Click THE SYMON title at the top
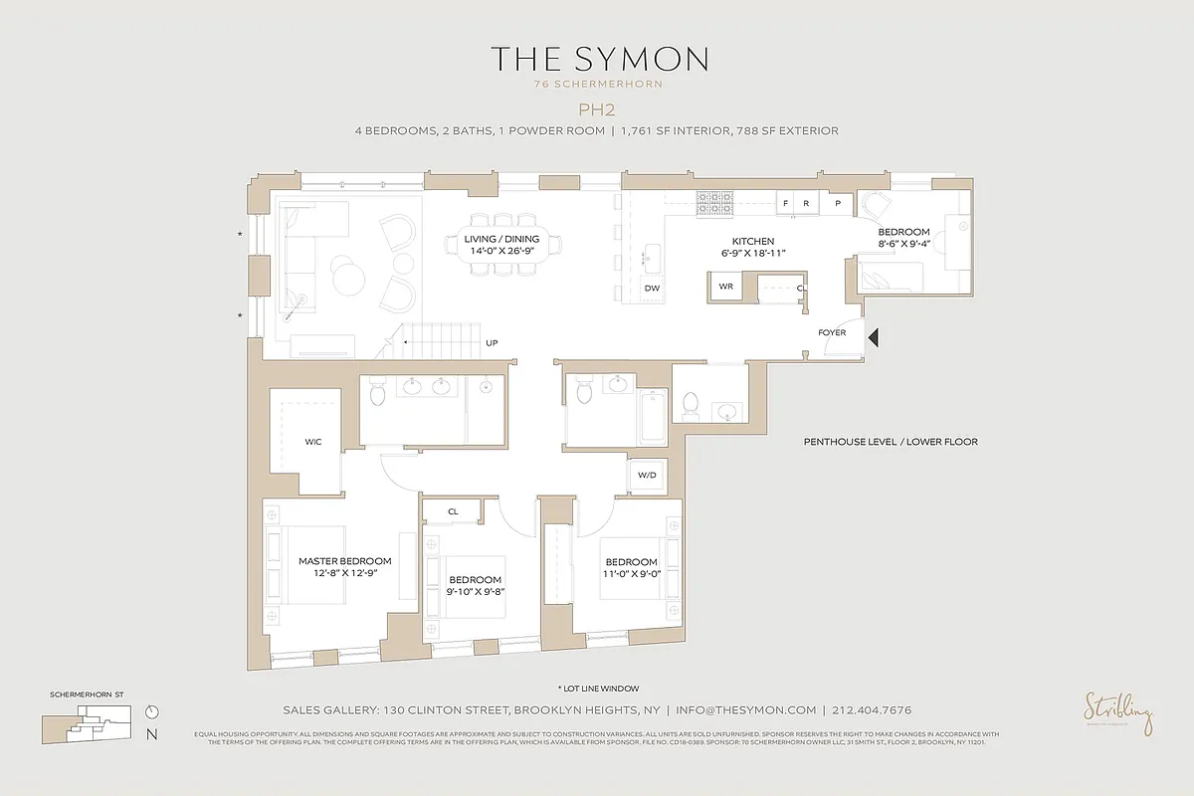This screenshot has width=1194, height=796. point(598,60)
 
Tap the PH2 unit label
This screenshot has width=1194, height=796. point(598,109)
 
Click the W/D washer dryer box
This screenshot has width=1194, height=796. point(647,476)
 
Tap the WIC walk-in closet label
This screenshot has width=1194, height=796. point(313,441)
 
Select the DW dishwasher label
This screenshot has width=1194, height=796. point(653,288)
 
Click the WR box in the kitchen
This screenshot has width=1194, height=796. point(725,286)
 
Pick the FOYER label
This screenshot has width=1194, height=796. point(832,332)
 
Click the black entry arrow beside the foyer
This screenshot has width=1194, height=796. point(873,338)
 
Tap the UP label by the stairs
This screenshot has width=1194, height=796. point(492,343)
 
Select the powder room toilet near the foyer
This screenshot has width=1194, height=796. point(692,403)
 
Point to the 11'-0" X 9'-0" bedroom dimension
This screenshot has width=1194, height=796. point(632,573)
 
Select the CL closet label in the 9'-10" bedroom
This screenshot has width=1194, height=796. point(453,511)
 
